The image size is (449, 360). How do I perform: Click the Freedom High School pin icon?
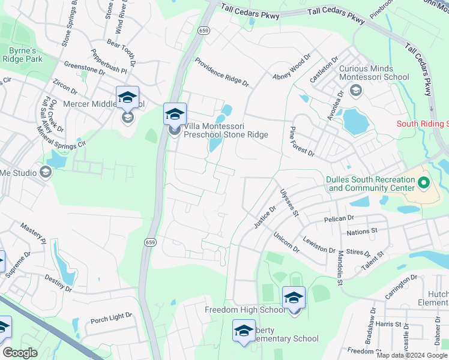point(294,299)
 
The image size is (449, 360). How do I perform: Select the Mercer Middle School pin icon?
point(127,99)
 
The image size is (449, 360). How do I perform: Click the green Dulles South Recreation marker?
point(424,182)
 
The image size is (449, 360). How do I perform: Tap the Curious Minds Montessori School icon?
point(355,91)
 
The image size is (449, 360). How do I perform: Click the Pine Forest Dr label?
point(302,142)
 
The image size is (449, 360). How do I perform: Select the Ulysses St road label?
point(289,202)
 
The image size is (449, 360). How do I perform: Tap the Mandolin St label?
point(339,265)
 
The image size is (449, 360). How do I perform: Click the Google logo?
point(20,353)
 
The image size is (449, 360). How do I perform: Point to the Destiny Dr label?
point(58,284)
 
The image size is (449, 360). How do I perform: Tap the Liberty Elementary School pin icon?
point(244,332)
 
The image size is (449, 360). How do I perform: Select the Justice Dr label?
point(264,217)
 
